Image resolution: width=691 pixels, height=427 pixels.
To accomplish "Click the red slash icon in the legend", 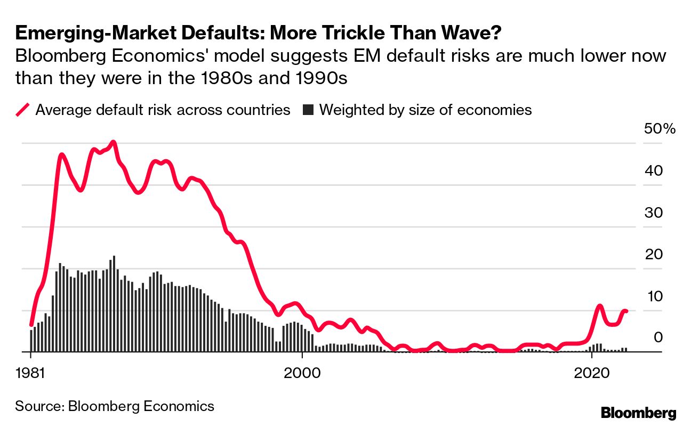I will (x=23, y=110).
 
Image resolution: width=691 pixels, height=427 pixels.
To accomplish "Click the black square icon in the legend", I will (x=308, y=110).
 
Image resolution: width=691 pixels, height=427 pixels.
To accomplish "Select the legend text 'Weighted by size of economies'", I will (x=425, y=110).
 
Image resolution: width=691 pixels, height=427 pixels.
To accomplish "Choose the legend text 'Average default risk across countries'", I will (x=163, y=110).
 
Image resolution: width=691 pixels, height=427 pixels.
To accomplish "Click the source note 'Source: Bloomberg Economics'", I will (x=115, y=406).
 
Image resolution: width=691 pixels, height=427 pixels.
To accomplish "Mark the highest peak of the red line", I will (x=113, y=143).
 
